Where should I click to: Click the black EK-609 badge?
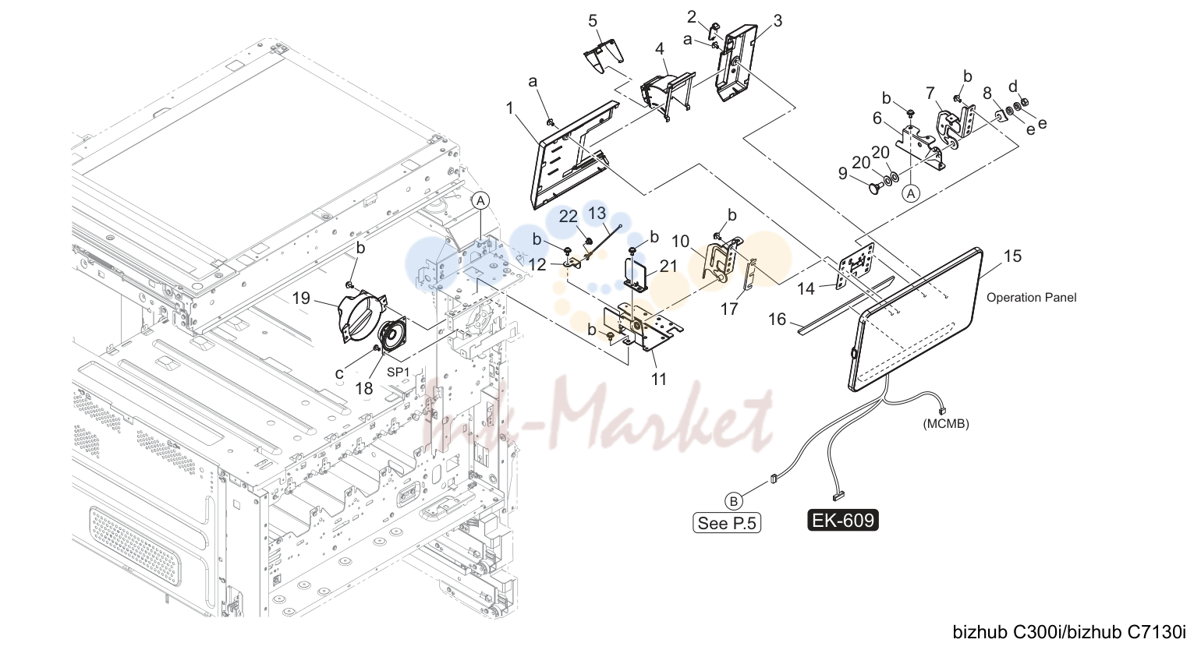(843, 520)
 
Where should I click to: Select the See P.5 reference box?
(727, 522)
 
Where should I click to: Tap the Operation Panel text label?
(1031, 298)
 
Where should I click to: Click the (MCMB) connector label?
(946, 423)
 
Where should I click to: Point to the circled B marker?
(733, 501)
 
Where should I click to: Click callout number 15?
(1012, 256)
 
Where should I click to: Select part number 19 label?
(301, 298)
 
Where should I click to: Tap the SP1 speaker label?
(399, 372)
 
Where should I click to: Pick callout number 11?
(658, 380)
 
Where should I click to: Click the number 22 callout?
(569, 217)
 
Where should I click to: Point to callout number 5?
(593, 21)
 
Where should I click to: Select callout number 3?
(778, 21)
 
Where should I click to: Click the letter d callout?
(1013, 87)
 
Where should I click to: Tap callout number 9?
(842, 173)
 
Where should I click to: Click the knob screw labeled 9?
(875, 188)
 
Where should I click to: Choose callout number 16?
(777, 320)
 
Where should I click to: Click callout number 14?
(806, 289)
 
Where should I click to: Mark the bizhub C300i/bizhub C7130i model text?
(1069, 632)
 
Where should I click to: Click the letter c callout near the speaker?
(338, 373)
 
